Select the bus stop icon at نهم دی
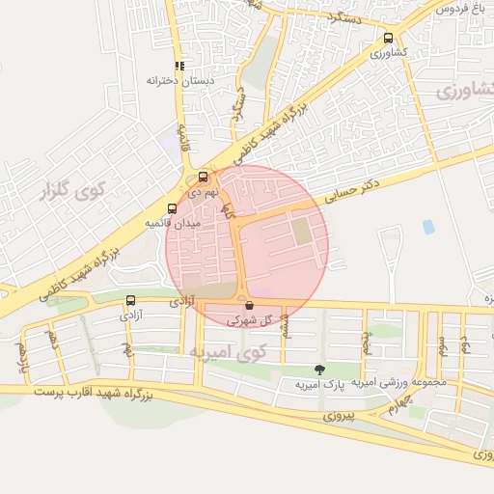click(203, 178)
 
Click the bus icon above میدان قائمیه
click(172, 208)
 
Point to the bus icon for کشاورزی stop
click(388, 39)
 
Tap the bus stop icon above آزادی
click(130, 300)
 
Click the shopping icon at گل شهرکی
click(250, 305)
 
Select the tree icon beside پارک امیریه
click(319, 370)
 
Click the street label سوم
click(441, 343)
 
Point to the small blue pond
click(427, 227)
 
